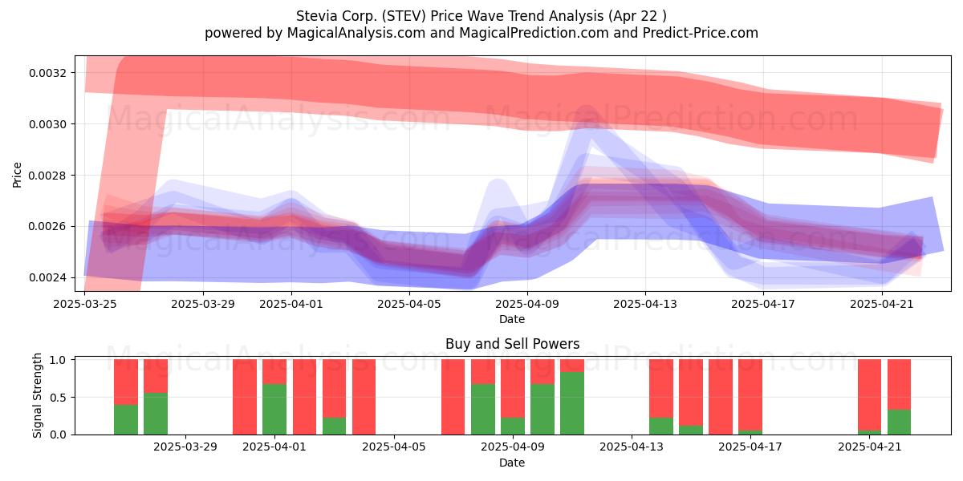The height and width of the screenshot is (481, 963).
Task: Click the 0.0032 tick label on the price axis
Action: tap(47, 73)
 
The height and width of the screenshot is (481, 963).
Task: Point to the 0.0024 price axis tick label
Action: tap(47, 278)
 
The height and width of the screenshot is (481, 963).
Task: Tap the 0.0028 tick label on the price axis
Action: tap(47, 176)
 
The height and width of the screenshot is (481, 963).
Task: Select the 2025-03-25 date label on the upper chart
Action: tap(85, 304)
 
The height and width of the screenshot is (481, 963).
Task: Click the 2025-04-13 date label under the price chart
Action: tap(645, 304)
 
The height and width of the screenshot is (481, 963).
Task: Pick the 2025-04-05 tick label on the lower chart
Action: tap(394, 447)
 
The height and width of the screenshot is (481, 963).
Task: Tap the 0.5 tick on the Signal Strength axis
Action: tap(58, 398)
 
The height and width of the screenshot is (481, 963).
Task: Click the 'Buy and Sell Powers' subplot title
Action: tap(513, 344)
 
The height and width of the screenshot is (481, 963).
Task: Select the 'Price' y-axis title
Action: tap(17, 176)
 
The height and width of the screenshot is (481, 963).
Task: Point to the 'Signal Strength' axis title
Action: tap(38, 395)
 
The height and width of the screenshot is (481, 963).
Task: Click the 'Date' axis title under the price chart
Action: tap(512, 320)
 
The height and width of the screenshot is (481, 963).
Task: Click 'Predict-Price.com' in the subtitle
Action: tap(701, 33)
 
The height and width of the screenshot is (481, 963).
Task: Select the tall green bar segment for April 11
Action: tap(572, 403)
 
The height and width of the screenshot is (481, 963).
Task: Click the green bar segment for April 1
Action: tap(274, 410)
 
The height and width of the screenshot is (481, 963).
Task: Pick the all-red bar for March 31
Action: tap(245, 397)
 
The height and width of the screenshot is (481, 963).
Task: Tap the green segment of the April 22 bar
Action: tap(899, 422)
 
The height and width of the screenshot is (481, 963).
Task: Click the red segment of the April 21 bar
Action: tap(869, 395)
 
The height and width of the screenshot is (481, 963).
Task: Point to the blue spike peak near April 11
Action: tap(586, 107)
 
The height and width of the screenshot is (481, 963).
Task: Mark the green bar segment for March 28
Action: tap(156, 414)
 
